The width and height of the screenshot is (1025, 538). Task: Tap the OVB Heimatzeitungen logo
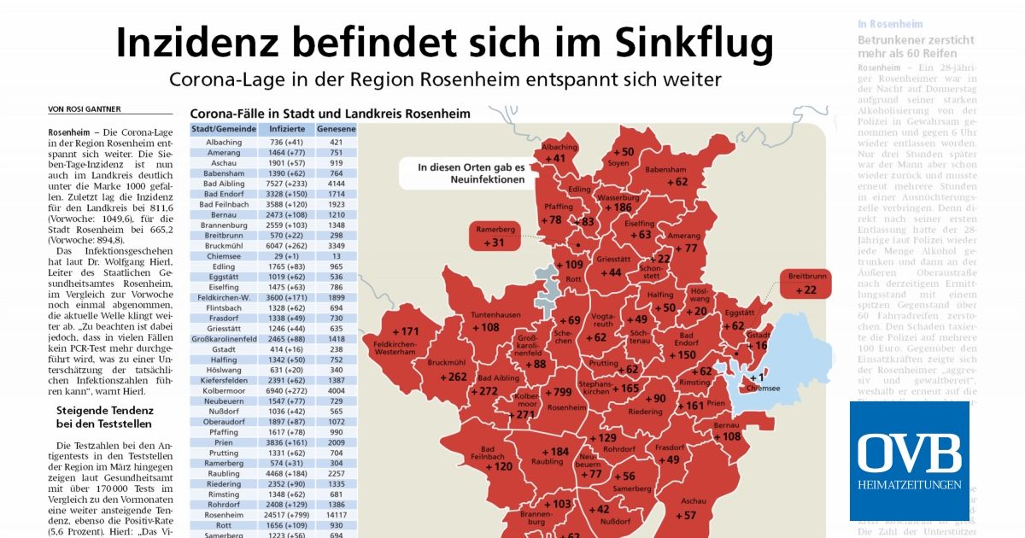click(909, 459)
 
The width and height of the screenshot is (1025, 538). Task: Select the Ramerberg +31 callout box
click(495, 237)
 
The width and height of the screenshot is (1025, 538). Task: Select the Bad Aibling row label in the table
click(223, 184)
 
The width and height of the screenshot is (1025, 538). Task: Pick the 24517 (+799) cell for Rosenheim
click(283, 515)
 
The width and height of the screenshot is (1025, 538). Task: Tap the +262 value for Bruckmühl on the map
click(452, 377)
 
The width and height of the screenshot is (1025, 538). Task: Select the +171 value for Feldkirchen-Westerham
click(405, 331)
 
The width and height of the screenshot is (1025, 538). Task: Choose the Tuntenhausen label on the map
click(495, 315)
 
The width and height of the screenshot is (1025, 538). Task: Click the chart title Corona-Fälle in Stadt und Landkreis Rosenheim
click(329, 113)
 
